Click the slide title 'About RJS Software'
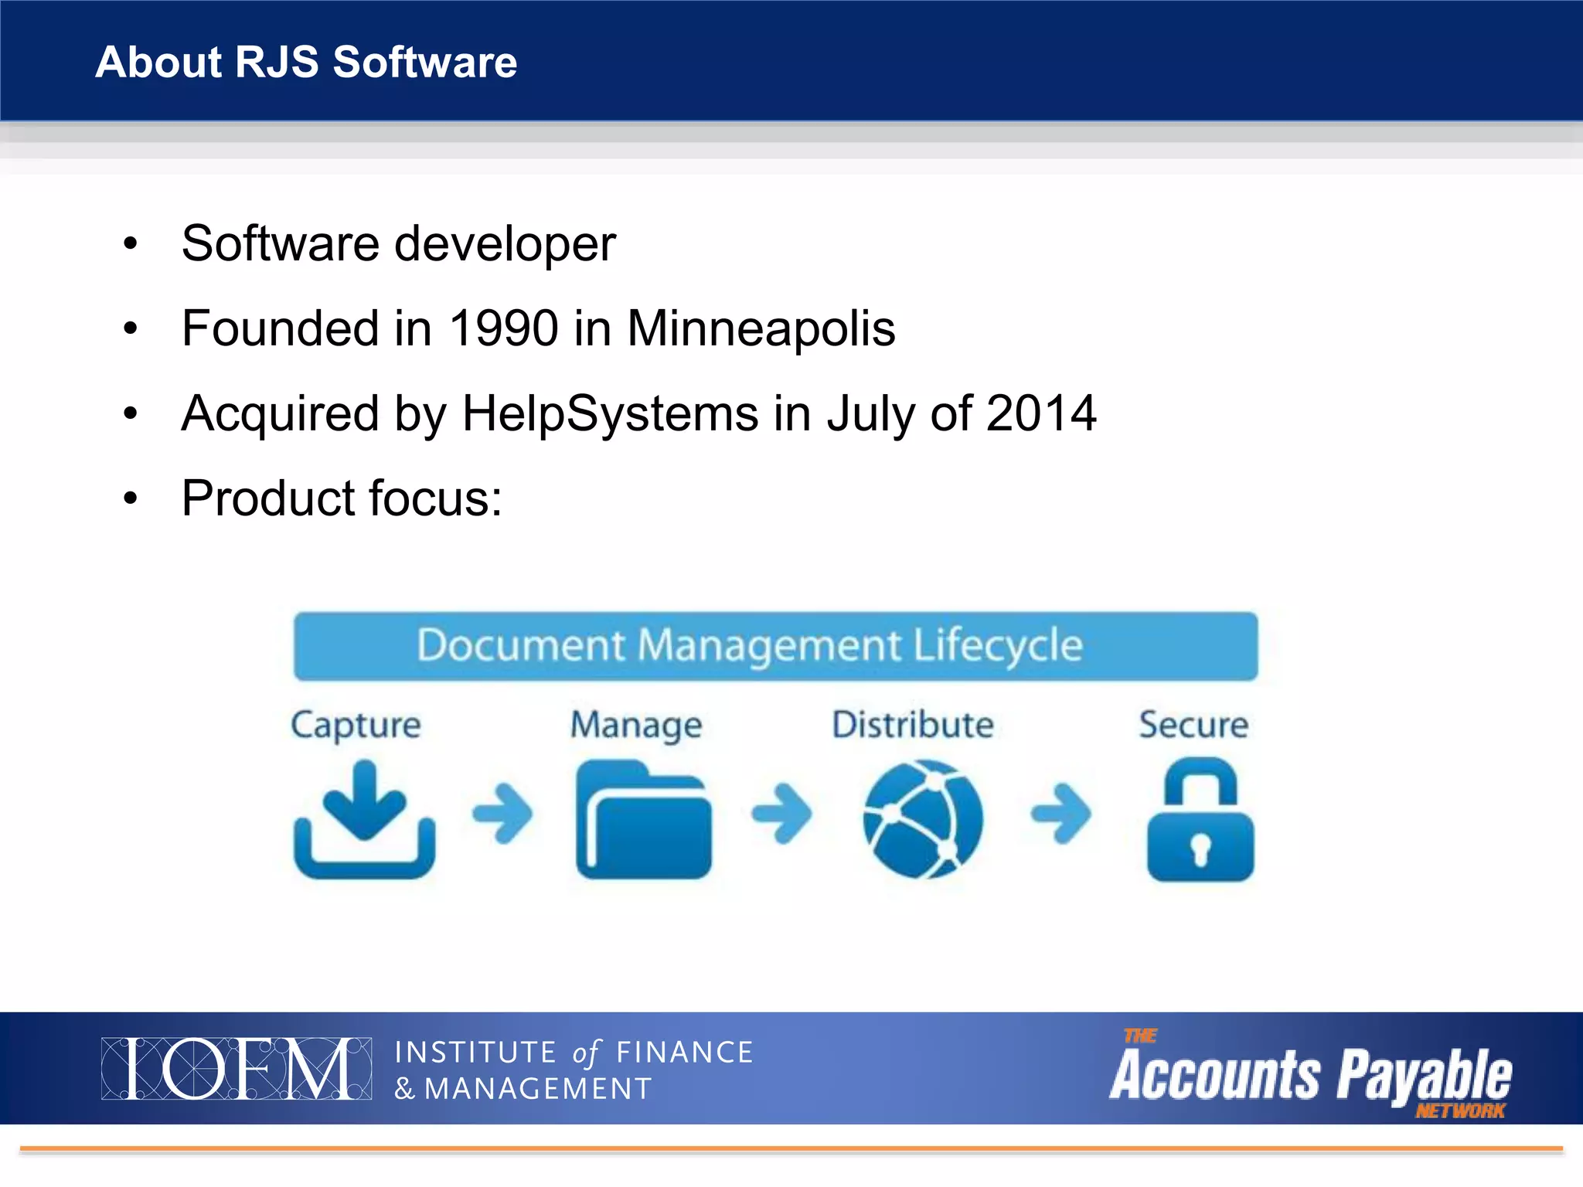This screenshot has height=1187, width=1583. pyautogui.click(x=306, y=62)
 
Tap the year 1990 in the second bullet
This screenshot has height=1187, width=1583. pyautogui.click(x=503, y=328)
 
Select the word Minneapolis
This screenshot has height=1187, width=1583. pyautogui.click(x=761, y=328)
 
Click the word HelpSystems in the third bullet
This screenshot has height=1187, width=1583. pyautogui.click(x=610, y=413)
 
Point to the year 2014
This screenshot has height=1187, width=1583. pyautogui.click(x=1041, y=413)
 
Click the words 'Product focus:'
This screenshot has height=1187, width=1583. pyautogui.click(x=342, y=498)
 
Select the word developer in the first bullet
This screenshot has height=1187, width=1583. pyautogui.click(x=505, y=244)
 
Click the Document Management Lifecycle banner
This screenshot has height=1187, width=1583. pyautogui.click(x=775, y=646)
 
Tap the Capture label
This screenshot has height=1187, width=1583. pyautogui.click(x=356, y=725)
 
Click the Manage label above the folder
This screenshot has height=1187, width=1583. pyautogui.click(x=636, y=725)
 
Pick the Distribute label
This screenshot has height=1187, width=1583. pyautogui.click(x=913, y=725)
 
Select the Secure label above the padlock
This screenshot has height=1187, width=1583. pyautogui.click(x=1193, y=725)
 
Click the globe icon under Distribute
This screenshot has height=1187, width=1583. pyautogui.click(x=922, y=819)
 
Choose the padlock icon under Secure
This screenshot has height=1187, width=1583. pyautogui.click(x=1200, y=821)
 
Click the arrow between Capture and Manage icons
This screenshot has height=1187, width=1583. pyautogui.click(x=502, y=813)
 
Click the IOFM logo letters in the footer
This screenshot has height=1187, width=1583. pyautogui.click(x=236, y=1069)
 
